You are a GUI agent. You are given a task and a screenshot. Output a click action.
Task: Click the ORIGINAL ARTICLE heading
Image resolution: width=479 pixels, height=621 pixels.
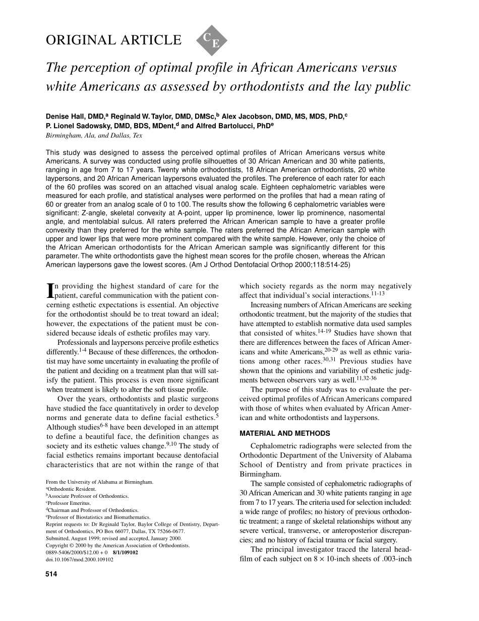(x=113, y=40)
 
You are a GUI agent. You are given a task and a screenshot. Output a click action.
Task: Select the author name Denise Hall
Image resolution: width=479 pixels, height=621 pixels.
(x=64, y=116)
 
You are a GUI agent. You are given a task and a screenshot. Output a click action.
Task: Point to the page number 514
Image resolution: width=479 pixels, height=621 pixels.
(x=51, y=574)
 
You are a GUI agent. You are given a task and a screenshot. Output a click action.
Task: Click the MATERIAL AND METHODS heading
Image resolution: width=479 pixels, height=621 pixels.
(x=285, y=433)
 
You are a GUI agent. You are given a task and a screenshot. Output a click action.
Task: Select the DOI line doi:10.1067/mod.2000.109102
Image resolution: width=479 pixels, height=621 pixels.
(x=79, y=559)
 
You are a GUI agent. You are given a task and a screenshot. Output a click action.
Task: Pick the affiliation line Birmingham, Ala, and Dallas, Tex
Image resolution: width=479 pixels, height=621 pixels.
(x=94, y=136)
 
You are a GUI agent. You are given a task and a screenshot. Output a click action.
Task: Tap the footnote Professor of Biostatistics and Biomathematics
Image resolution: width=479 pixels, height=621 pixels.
(x=99, y=517)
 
